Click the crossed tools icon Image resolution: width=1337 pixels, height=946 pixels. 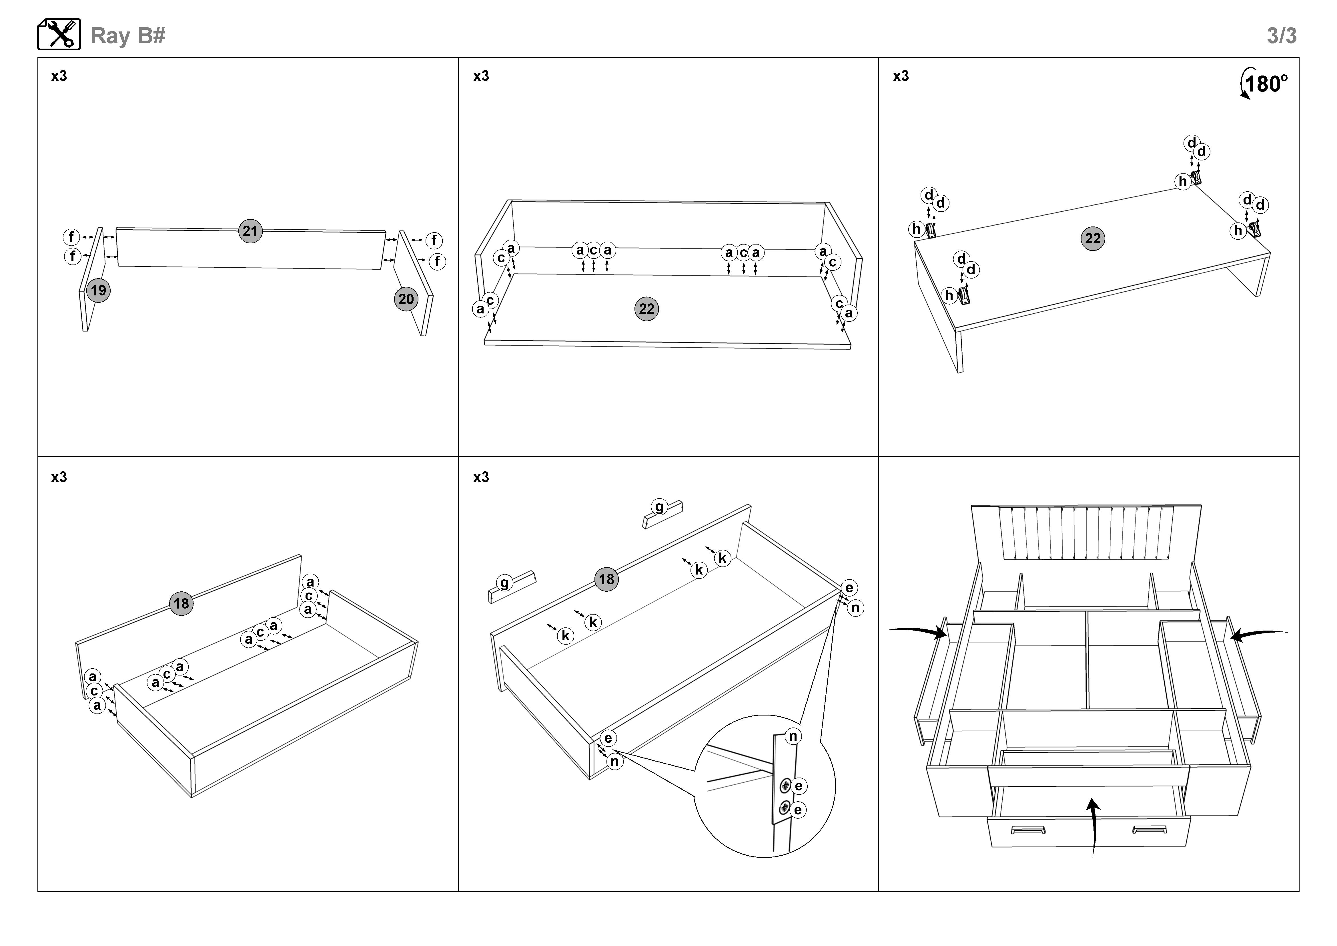pyautogui.click(x=59, y=34)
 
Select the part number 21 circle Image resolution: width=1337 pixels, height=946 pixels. pyautogui.click(x=250, y=231)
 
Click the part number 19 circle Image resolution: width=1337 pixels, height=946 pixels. pyautogui.click(x=98, y=291)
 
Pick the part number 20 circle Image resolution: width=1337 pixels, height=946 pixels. pyautogui.click(x=406, y=299)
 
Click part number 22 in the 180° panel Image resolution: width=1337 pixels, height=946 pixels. pyautogui.click(x=1092, y=238)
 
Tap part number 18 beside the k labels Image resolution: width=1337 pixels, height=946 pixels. pyautogui.click(x=606, y=579)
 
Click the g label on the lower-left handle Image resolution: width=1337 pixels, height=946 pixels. pyautogui.click(x=504, y=583)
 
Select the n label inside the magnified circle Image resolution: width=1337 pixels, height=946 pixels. pyautogui.click(x=793, y=736)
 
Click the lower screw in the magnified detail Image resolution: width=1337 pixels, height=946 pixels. pyautogui.click(x=784, y=808)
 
